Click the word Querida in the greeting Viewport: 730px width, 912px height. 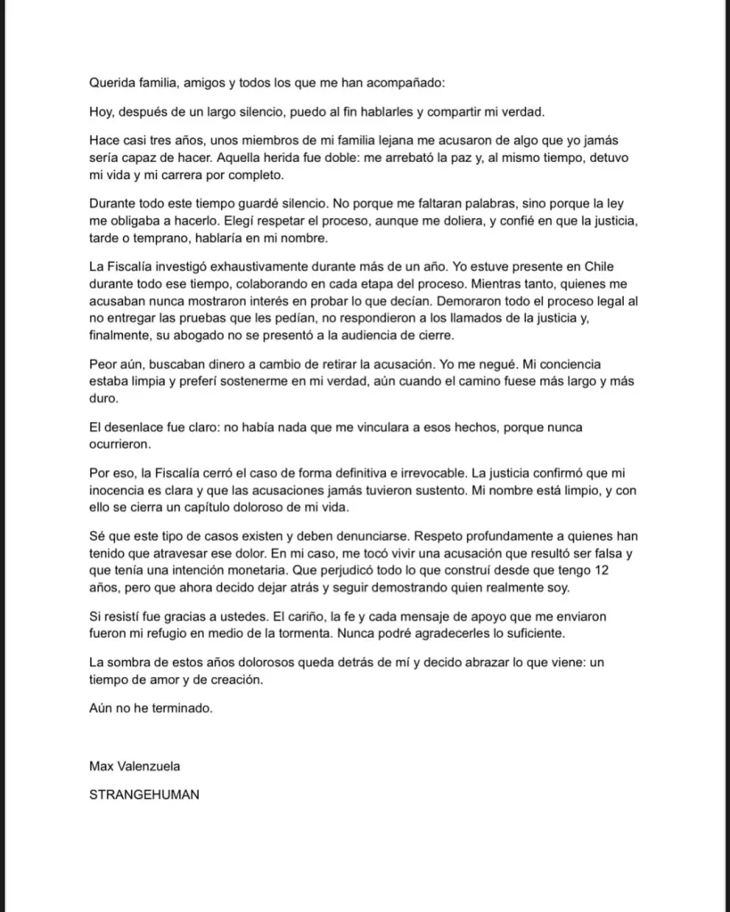(x=113, y=82)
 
